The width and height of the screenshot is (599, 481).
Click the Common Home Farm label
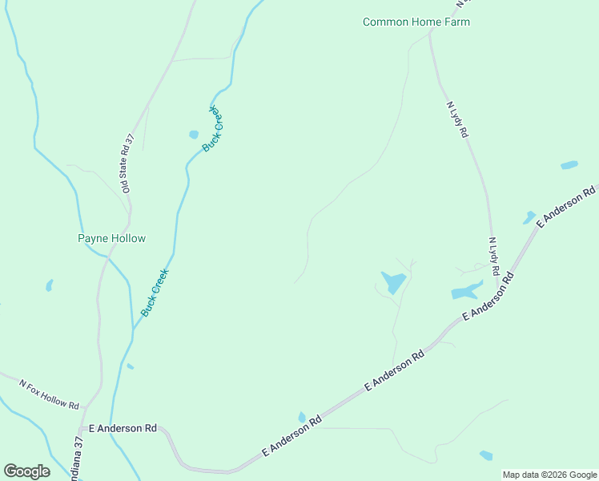click(x=416, y=22)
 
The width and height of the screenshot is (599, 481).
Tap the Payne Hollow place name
click(x=111, y=238)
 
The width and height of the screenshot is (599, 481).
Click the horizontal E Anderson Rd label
click(x=123, y=429)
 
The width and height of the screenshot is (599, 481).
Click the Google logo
click(x=26, y=471)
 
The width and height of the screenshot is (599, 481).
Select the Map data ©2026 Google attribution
click(x=549, y=475)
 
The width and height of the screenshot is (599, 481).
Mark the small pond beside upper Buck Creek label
click(x=193, y=135)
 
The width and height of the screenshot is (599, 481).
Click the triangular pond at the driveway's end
click(x=393, y=282)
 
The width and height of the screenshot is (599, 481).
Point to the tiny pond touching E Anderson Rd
click(x=302, y=417)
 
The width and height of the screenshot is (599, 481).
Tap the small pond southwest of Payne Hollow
click(x=50, y=285)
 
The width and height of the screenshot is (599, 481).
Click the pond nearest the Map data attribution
click(x=486, y=455)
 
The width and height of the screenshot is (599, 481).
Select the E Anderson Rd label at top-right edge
click(x=567, y=207)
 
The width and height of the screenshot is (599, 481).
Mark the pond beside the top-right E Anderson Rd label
click(x=529, y=217)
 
